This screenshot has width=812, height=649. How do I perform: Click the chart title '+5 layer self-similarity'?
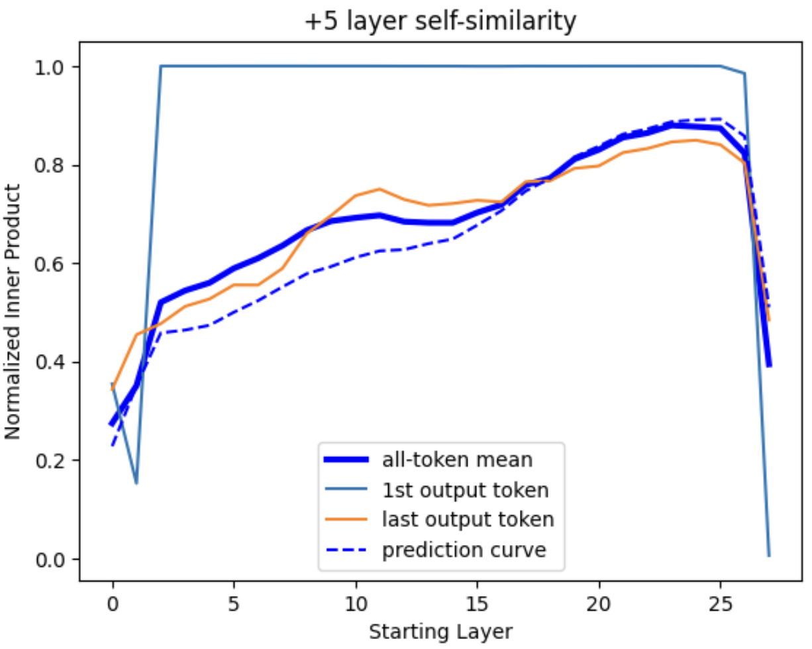point(440,22)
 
